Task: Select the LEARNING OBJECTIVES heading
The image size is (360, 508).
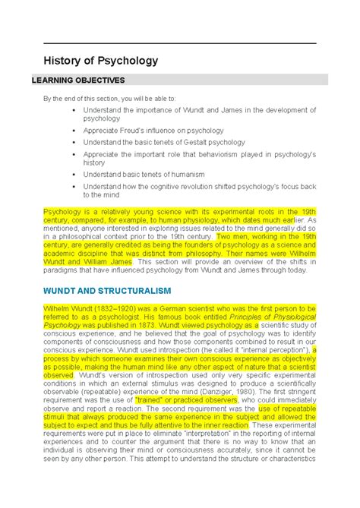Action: coord(83,80)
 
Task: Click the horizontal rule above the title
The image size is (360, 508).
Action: coord(179,43)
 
